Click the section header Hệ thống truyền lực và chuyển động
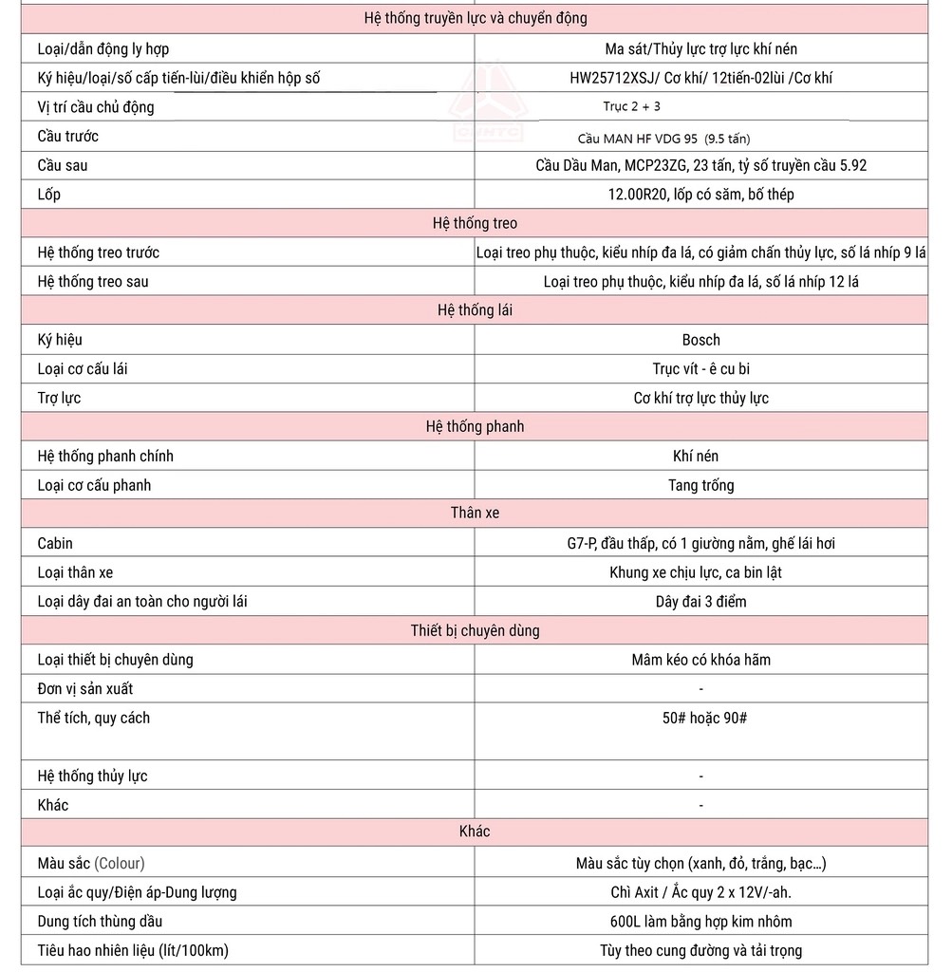pos(476,18)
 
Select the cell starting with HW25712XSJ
pos(700,78)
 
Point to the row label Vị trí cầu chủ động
pos(96,107)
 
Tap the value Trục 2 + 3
pos(631,107)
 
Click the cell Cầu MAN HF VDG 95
pos(663,138)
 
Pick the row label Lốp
pos(49,195)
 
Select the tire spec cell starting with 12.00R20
pos(700,195)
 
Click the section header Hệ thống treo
pos(475,223)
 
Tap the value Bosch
pos(700,340)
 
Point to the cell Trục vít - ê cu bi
pos(700,368)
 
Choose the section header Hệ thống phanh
pos(475,426)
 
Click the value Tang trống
pos(700,485)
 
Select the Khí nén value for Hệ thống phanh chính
pos(700,457)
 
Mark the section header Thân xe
pos(475,513)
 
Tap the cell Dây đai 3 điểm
pos(700,602)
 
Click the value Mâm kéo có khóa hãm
pos(700,660)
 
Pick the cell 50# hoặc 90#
pos(704,718)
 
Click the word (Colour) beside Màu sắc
pos(120,864)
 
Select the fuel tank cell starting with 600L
pos(700,922)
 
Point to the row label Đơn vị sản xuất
pos(85,689)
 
